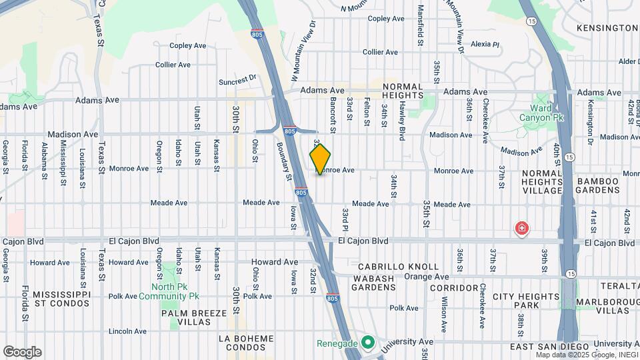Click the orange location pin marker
pyautogui.click(x=320, y=159)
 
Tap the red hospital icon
pyautogui.click(x=521, y=229)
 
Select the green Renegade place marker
pyautogui.click(x=367, y=343)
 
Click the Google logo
pyautogui.click(x=22, y=352)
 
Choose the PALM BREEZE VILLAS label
pyautogui.click(x=186, y=317)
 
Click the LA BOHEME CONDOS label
pyautogui.click(x=246, y=343)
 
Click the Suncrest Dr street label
pyautogui.click(x=238, y=80)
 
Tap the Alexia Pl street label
pyautogui.click(x=485, y=45)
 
